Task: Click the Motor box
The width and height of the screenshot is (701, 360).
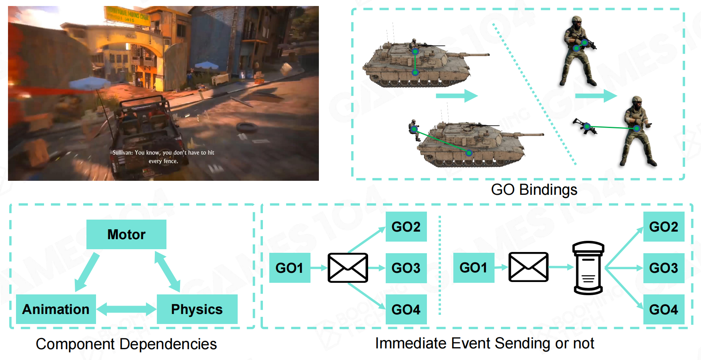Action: click(126, 234)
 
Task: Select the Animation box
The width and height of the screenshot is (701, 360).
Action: click(56, 309)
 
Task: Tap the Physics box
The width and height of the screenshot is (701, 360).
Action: click(197, 309)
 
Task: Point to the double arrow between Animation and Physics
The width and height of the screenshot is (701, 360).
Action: click(126, 309)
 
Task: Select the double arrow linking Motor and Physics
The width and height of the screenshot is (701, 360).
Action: click(167, 272)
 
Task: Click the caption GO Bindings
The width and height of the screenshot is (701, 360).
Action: click(534, 190)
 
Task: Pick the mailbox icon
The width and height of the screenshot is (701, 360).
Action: click(588, 268)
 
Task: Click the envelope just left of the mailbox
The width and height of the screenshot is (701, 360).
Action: click(528, 267)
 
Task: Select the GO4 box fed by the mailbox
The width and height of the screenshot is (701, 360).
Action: click(663, 309)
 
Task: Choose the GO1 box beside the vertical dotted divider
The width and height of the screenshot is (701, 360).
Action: click(473, 268)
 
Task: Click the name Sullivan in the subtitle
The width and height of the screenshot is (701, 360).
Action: click(122, 152)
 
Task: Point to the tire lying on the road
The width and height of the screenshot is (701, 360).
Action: click(246, 128)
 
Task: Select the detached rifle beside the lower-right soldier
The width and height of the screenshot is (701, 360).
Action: click(585, 127)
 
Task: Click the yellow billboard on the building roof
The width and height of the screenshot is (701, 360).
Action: click(127, 16)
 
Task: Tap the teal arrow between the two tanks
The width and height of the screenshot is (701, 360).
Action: click(457, 96)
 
